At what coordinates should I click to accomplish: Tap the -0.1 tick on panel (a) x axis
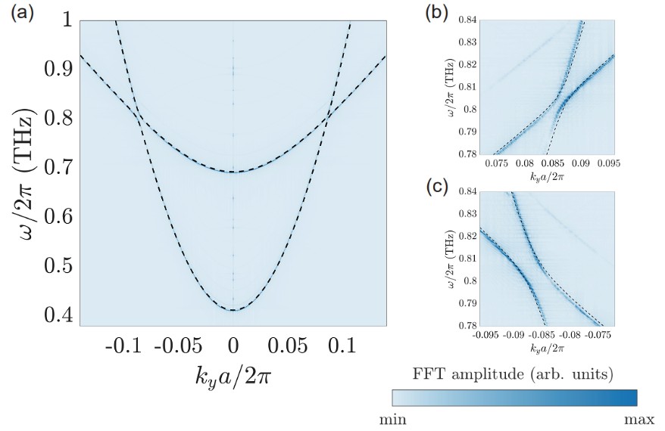click(x=123, y=346)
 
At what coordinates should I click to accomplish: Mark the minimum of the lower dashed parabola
click(x=234, y=310)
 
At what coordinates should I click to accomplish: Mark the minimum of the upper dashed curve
click(x=234, y=172)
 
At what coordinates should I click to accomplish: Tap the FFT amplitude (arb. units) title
click(x=514, y=374)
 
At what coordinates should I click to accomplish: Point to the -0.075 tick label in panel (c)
click(x=601, y=333)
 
